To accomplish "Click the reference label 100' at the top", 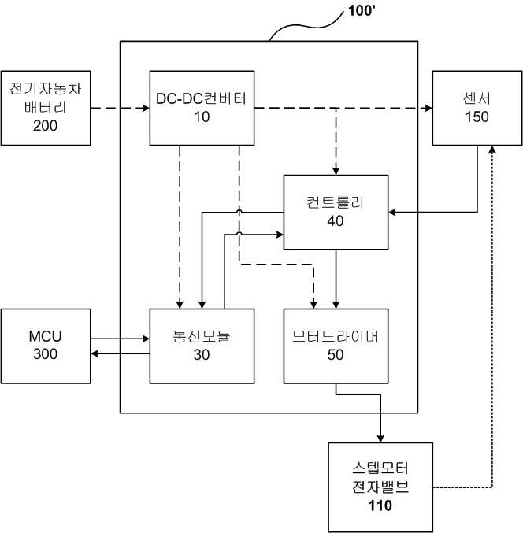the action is tap(362, 10).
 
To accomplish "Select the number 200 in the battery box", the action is tap(45, 126).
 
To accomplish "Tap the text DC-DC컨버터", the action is tap(202, 98).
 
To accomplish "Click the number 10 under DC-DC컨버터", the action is tap(202, 117).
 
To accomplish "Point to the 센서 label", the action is tap(477, 98).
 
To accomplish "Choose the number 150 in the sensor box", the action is tap(477, 117).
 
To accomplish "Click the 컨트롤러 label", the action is tap(336, 202).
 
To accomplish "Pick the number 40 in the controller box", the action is tap(336, 221).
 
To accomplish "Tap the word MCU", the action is tap(45, 336).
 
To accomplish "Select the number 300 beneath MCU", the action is tap(45, 354).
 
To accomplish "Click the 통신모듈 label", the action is tap(202, 336).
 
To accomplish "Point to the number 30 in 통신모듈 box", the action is tap(202, 355).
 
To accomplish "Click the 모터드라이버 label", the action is tap(336, 336).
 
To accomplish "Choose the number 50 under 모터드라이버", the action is tap(336, 355).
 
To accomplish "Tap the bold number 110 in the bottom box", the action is tap(380, 505).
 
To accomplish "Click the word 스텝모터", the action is tap(380, 468).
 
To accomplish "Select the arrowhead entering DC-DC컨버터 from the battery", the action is tap(146, 109).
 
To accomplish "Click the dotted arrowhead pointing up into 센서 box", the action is tap(492, 150).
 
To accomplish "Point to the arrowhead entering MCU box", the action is tap(95, 353).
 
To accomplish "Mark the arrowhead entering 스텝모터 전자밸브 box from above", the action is tap(380, 439).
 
